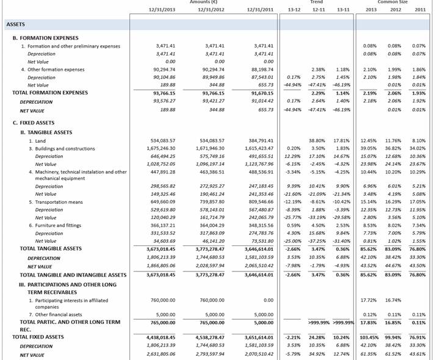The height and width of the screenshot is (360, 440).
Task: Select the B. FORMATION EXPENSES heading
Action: pos(45,38)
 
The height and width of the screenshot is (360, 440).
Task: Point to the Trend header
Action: pos(317,2)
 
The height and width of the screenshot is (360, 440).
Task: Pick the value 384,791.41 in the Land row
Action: pos(259,141)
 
